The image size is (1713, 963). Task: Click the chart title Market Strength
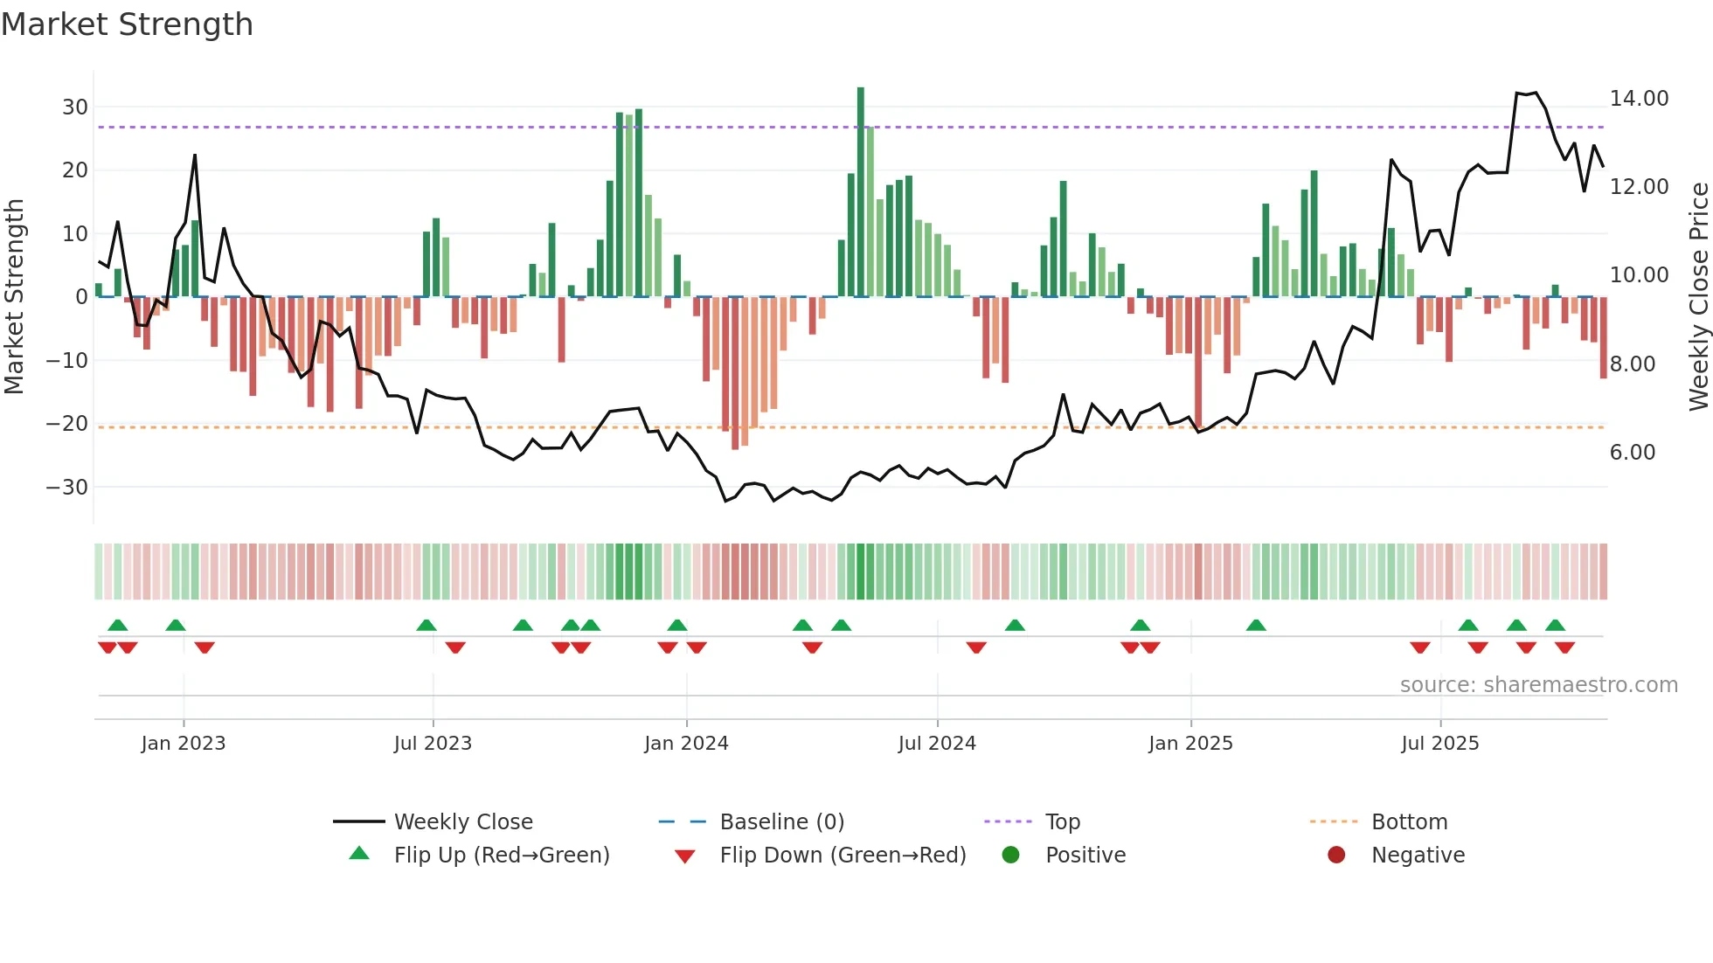(127, 24)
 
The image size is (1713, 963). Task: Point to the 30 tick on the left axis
(75, 107)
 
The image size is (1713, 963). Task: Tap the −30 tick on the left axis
(67, 488)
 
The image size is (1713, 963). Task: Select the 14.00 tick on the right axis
(1639, 99)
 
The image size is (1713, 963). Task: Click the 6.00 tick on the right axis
(1633, 453)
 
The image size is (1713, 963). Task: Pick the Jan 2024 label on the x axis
(686, 744)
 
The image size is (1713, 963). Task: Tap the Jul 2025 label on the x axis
(1439, 744)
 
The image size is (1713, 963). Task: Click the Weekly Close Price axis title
(1698, 297)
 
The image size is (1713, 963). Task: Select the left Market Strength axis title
(15, 297)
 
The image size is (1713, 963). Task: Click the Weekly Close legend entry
(462, 822)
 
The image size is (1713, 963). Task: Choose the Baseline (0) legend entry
(781, 822)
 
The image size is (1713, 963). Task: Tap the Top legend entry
(1062, 822)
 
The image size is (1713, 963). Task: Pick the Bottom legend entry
(1409, 822)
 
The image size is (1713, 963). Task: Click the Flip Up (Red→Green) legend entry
(501, 856)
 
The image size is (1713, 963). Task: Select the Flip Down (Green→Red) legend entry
(843, 856)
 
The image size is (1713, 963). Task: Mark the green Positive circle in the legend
(1011, 856)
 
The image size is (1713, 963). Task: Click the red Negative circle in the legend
(1336, 856)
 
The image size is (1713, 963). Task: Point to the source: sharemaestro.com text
(1538, 685)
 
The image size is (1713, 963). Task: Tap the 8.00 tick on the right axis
(1633, 364)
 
